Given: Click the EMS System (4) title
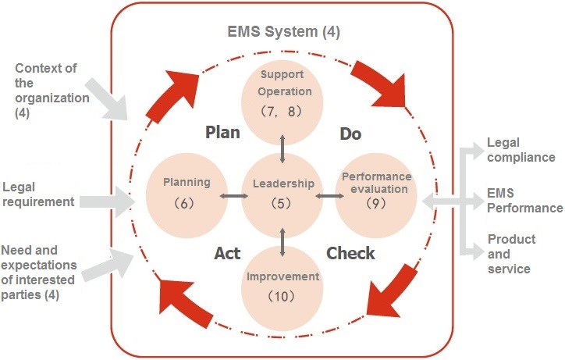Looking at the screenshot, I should tap(282, 33).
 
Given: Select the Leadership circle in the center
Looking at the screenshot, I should tap(282, 193).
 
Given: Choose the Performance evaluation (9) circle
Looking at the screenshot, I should tap(375, 193).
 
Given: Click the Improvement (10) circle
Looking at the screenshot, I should tap(282, 286).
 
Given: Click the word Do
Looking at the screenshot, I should tap(350, 134).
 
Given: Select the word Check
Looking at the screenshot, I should tap(350, 253).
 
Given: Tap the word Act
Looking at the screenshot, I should tap(227, 253).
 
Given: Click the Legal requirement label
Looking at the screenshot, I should tap(39, 194).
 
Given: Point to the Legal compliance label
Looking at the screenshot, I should tap(521, 150).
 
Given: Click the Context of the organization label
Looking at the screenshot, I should tap(46, 90).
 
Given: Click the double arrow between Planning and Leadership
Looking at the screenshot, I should tap(233, 195).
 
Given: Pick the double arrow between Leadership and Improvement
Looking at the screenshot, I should tap(282, 240).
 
